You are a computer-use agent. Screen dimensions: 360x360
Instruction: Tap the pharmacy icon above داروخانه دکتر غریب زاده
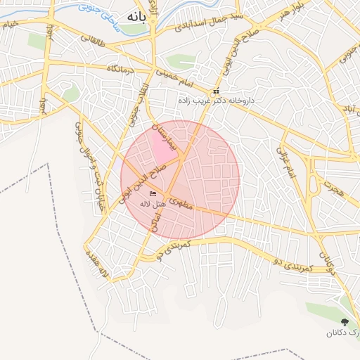216,92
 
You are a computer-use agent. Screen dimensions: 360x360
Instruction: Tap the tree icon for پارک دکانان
344,322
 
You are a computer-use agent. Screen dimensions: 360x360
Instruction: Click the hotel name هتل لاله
153,203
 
